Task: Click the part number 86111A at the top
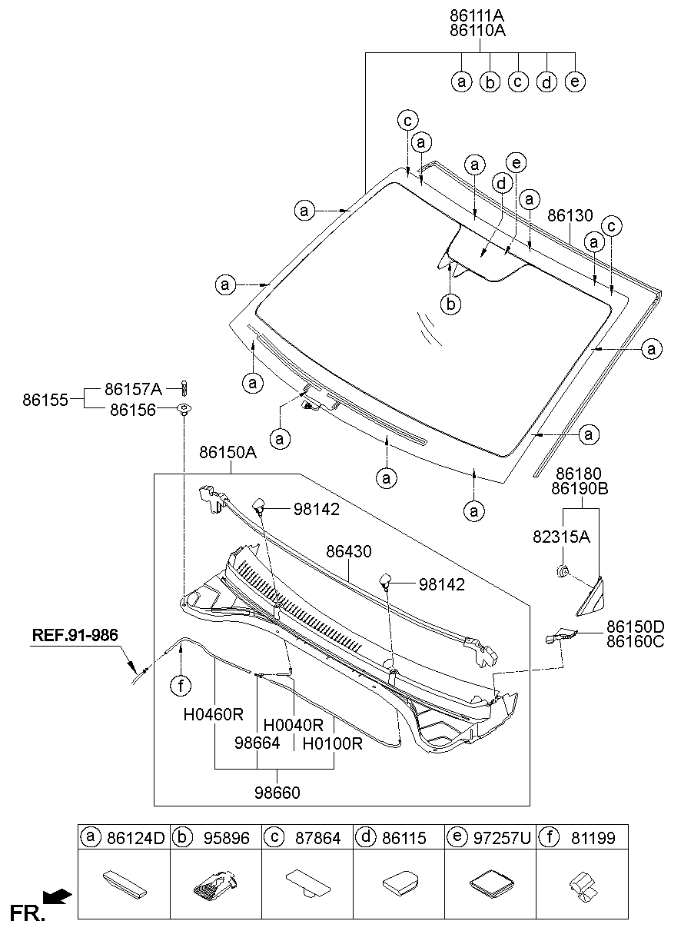477,15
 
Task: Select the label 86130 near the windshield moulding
570,217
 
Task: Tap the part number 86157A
133,389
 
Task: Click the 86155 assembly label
45,400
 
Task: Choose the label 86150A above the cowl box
228,453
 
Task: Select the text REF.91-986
75,636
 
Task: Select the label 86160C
635,640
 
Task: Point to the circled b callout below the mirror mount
452,305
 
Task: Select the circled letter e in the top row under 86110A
574,81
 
